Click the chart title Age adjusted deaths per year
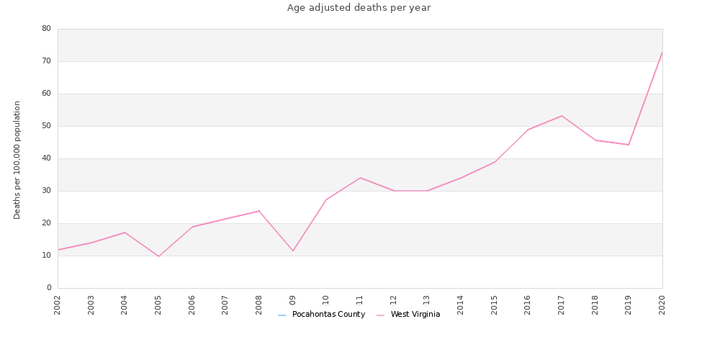click(x=359, y=8)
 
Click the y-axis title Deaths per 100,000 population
click(x=17, y=160)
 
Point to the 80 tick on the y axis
click(x=46, y=29)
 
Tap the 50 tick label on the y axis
click(x=46, y=126)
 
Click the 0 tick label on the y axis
click(x=49, y=288)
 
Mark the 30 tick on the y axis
click(x=46, y=191)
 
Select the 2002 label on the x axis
click(x=58, y=304)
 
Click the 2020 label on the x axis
click(x=662, y=304)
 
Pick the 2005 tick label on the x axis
click(x=158, y=304)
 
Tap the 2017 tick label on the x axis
click(x=562, y=304)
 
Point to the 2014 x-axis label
click(x=461, y=304)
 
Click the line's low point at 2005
click(x=158, y=256)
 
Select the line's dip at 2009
click(x=293, y=251)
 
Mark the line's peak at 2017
click(x=562, y=116)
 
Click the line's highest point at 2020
click(x=662, y=53)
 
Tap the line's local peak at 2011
click(x=360, y=178)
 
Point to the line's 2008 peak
click(x=259, y=211)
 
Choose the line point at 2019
click(x=629, y=145)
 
